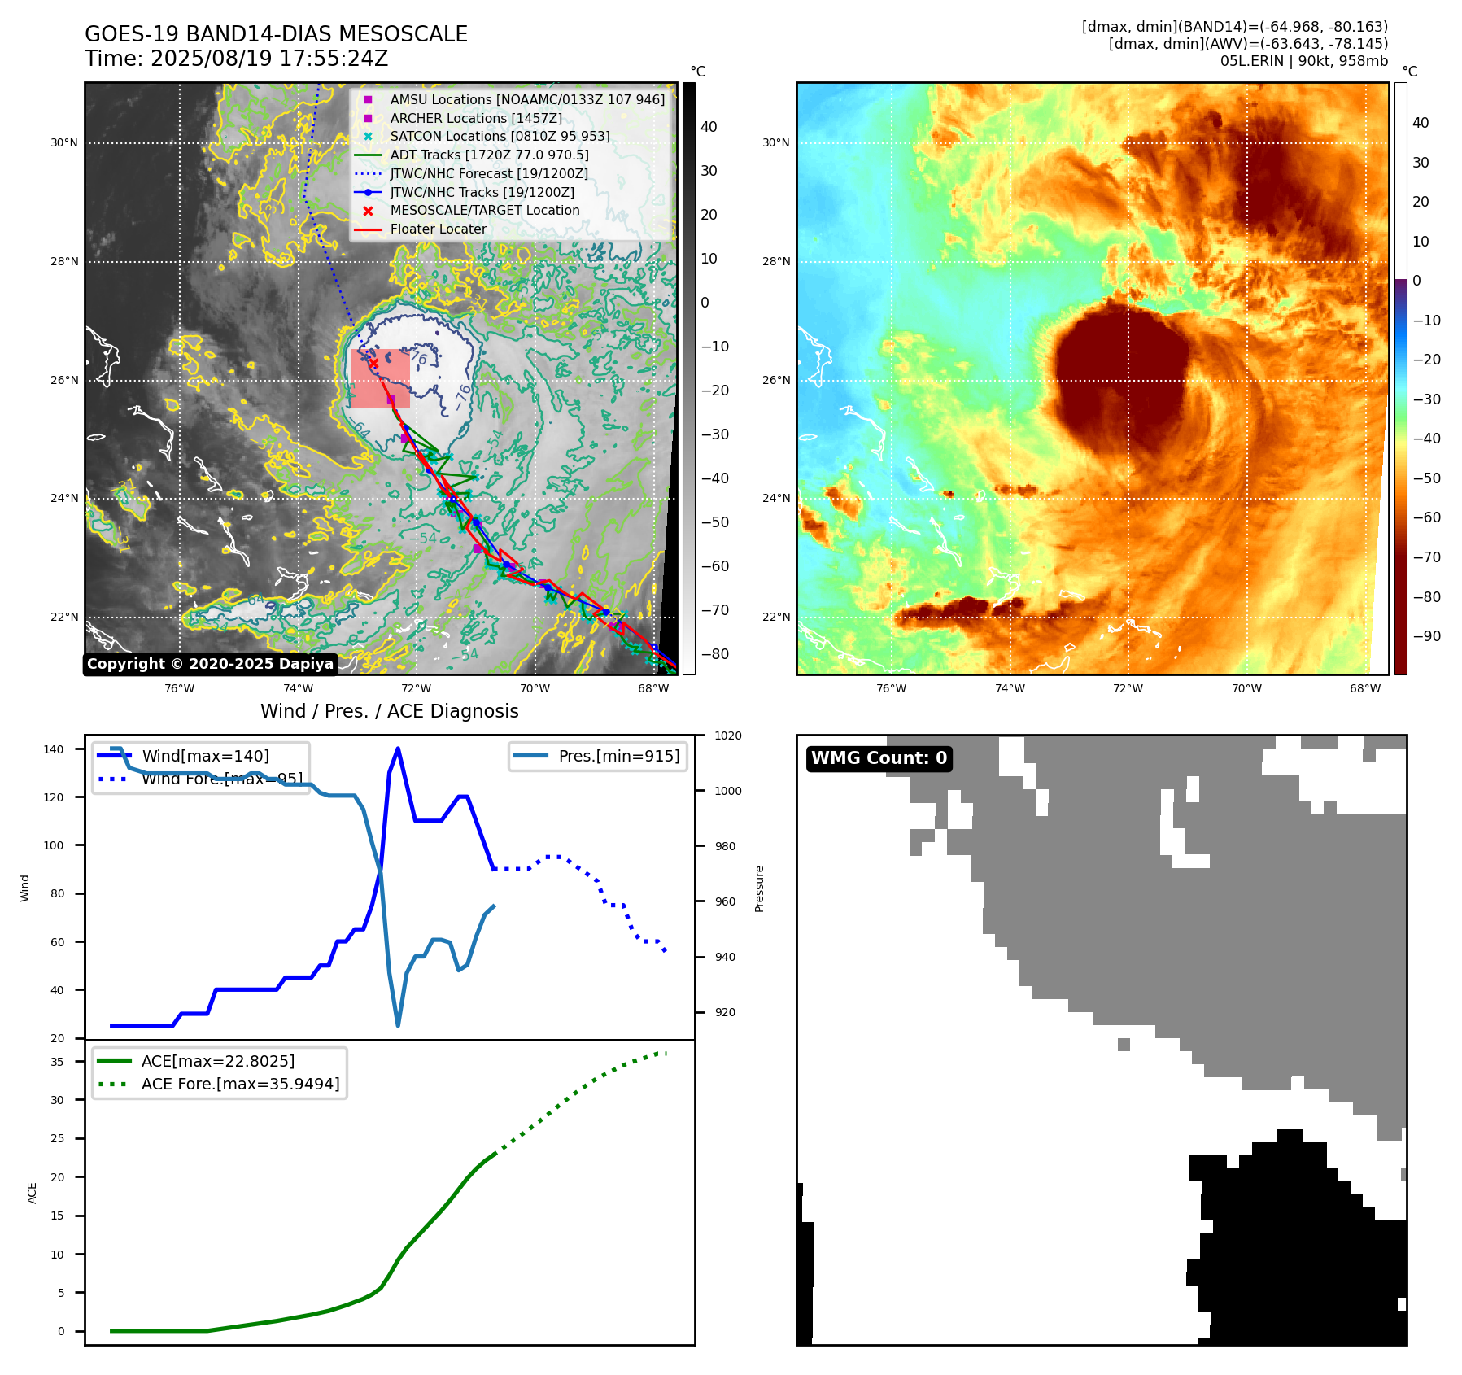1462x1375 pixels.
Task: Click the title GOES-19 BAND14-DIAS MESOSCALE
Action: (x=276, y=34)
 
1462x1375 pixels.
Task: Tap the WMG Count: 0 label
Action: (x=879, y=758)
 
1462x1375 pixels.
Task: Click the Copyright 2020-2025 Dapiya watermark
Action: (x=210, y=664)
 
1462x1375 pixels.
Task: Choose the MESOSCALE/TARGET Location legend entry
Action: (x=484, y=211)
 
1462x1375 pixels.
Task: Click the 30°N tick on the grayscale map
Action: (x=64, y=143)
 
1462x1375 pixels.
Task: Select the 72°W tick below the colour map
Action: (x=1128, y=689)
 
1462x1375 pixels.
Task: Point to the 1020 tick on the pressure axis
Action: (x=728, y=736)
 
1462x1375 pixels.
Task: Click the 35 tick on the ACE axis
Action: (x=57, y=1062)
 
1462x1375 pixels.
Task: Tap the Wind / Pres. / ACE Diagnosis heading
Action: (x=389, y=711)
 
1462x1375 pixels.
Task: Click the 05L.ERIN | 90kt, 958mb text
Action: (x=1303, y=61)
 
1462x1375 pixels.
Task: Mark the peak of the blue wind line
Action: (x=398, y=749)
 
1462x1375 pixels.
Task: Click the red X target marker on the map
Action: (x=373, y=364)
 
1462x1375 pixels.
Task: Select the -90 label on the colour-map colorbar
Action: (x=1426, y=636)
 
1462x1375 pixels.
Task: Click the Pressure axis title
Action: (x=759, y=888)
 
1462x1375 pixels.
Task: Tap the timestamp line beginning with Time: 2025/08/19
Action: (x=236, y=59)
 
